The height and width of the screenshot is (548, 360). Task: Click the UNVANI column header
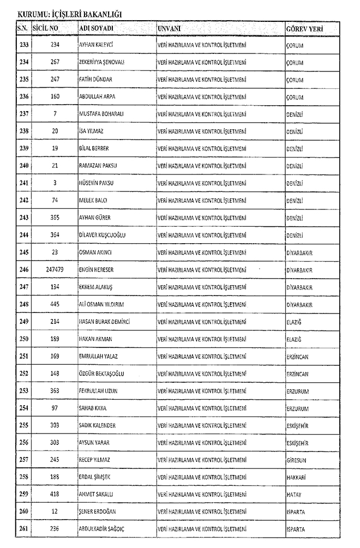tap(170, 28)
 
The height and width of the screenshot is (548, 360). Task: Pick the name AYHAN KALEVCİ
tap(99, 45)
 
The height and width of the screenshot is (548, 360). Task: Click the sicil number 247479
tap(55, 270)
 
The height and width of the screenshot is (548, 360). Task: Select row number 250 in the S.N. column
tap(23, 339)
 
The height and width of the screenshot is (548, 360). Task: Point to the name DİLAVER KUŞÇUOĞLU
tap(106, 235)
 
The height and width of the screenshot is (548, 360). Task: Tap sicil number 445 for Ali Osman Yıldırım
tap(55, 304)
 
